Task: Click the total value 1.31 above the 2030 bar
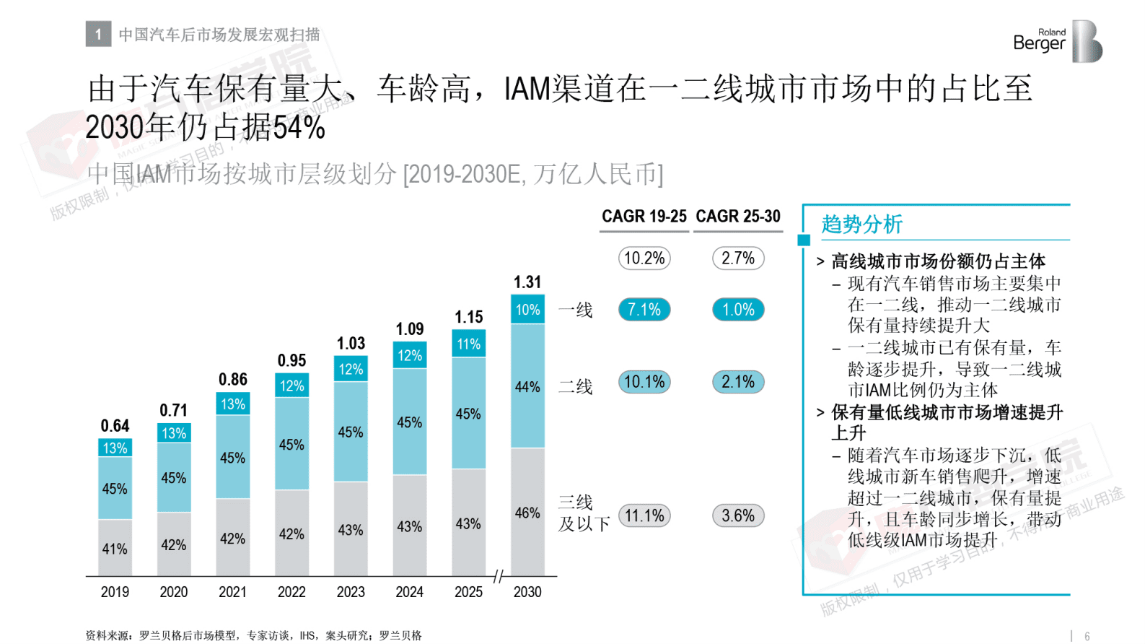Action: click(527, 282)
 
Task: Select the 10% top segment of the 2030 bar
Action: click(527, 309)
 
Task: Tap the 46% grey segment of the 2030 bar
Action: click(527, 513)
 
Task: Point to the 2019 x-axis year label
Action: click(115, 592)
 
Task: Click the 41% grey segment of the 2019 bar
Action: click(115, 548)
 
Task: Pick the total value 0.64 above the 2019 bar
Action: click(115, 426)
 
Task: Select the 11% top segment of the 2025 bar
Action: click(468, 344)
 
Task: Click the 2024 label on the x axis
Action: click(409, 592)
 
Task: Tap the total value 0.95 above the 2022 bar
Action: click(291, 360)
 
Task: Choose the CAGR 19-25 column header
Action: click(644, 217)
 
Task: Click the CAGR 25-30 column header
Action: click(737, 217)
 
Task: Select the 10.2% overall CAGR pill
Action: click(644, 258)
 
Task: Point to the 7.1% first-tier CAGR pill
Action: click(644, 310)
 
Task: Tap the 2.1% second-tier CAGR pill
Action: click(738, 382)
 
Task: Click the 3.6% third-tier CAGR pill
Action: click(738, 515)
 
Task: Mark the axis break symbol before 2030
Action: click(499, 576)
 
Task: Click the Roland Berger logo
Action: click(1057, 41)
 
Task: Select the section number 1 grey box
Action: click(98, 34)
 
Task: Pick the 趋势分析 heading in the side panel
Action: click(861, 225)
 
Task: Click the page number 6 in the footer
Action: click(1087, 636)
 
